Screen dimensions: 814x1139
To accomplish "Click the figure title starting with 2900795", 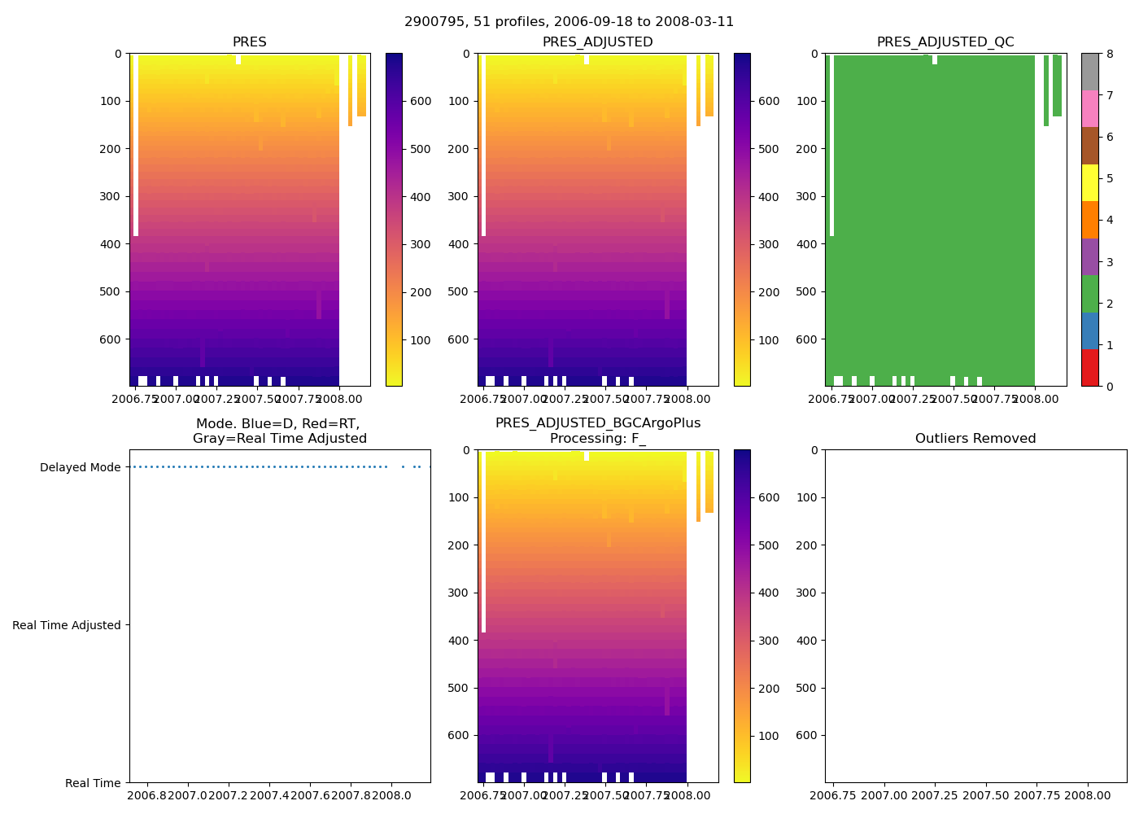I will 569,22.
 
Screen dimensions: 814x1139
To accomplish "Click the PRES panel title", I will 249,42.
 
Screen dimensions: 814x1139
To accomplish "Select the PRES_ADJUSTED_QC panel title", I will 945,42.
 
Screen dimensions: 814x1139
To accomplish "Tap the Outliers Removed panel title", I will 975,439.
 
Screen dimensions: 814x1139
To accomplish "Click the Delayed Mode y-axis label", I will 80,467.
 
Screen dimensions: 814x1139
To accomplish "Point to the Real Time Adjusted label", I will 67,625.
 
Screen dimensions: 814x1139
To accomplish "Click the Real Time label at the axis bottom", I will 93,783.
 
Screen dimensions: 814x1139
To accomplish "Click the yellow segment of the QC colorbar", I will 1089,182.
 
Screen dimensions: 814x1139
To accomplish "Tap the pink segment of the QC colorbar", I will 1089,108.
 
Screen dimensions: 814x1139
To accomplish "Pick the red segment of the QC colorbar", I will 1089,367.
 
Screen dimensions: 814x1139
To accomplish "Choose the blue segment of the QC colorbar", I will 1089,330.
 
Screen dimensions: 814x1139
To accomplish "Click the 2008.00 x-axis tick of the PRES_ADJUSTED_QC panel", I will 1035,400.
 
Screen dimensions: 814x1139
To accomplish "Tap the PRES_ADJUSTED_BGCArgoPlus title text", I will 598,423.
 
